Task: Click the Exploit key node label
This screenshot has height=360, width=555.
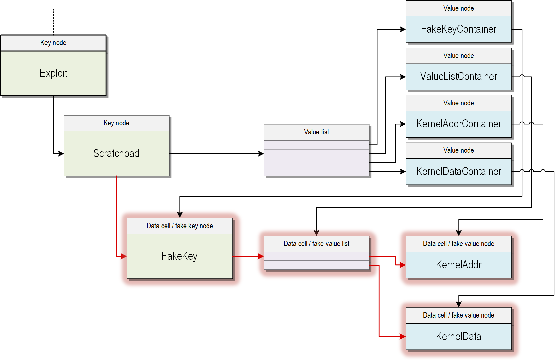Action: tap(54, 73)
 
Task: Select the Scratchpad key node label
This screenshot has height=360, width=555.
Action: tap(116, 153)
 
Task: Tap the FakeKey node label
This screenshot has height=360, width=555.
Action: tap(179, 256)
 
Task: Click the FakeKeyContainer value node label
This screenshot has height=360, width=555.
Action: tap(458, 29)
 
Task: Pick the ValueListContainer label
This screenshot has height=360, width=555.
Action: tap(458, 77)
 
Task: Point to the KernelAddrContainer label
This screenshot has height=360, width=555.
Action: tap(458, 124)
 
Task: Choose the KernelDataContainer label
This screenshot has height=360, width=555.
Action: tap(458, 171)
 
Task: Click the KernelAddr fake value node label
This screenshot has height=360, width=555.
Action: tap(458, 265)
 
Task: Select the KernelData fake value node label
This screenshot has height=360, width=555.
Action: tap(458, 336)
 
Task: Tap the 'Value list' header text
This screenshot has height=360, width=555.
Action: tap(316, 132)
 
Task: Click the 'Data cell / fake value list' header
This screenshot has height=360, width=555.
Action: tap(316, 244)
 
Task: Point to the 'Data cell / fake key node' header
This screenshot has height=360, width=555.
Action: tap(180, 226)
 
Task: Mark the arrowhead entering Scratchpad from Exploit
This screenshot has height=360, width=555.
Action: tap(61, 154)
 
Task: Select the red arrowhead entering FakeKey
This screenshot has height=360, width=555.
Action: tap(124, 256)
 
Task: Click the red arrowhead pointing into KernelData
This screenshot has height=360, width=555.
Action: tap(403, 336)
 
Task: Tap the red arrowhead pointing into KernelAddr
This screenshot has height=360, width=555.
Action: tap(403, 265)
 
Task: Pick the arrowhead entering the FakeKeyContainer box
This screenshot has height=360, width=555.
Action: tap(403, 29)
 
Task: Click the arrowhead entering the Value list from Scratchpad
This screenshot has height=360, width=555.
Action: tap(261, 154)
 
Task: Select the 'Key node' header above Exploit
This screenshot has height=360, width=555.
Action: tap(54, 43)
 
